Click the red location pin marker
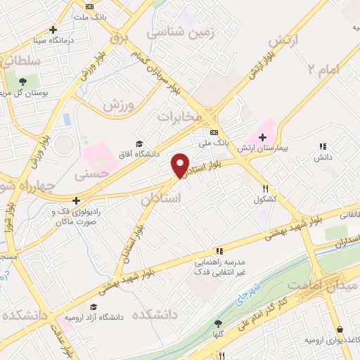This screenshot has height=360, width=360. [x=181, y=165]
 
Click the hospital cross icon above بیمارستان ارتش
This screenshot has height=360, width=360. [x=263, y=136]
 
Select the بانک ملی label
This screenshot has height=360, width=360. [x=214, y=143]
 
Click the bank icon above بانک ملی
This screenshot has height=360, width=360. [x=214, y=131]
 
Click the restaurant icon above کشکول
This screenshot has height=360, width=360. [x=266, y=188]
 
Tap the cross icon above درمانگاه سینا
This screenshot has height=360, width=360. [x=53, y=30]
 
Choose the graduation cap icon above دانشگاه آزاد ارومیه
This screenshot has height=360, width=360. [x=94, y=307]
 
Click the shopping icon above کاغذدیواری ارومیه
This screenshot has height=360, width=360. [x=340, y=329]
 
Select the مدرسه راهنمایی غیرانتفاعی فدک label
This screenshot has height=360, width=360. [x=219, y=266]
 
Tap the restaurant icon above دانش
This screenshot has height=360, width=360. [x=323, y=146]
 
